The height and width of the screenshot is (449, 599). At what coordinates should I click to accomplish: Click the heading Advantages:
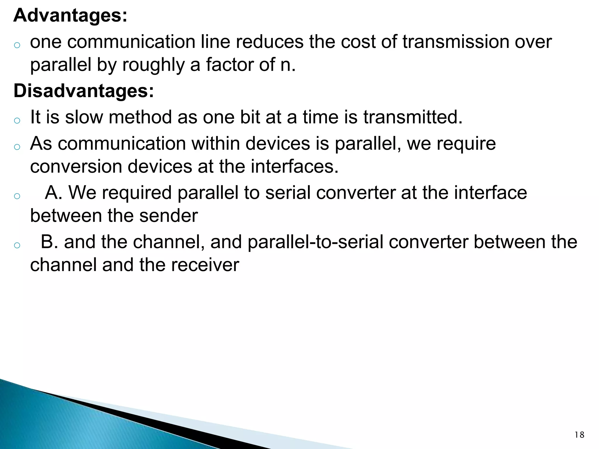pos(70,15)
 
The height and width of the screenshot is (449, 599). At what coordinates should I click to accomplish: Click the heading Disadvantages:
pos(83,91)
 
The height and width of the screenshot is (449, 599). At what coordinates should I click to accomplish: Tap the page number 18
pos(579,435)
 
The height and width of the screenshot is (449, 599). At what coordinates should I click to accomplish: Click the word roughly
pos(153,65)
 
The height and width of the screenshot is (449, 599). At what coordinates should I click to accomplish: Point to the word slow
pos(84,117)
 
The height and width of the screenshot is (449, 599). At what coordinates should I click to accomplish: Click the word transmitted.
pos(413,117)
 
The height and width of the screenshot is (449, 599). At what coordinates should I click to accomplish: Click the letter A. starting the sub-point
pos(53,193)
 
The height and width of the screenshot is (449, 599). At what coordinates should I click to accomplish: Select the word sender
pos(168,216)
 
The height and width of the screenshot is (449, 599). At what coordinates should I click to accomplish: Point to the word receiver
pos(205,265)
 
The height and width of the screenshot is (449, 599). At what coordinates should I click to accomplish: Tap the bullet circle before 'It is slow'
pos(17,120)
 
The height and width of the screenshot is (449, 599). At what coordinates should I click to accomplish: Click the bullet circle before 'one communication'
pos(17,45)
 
